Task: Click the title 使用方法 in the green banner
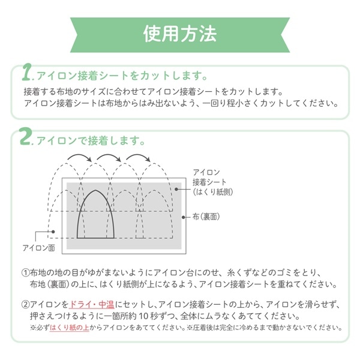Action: coord(180,34)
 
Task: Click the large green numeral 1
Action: coord(26,73)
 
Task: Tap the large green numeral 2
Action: coord(25,137)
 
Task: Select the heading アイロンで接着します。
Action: coord(91,140)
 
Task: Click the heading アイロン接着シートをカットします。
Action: coord(122,76)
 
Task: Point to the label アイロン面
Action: coord(39,248)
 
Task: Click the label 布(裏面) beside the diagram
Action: coord(206,217)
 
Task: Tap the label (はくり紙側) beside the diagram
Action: coord(213,192)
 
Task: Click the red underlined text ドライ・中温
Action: coord(92,305)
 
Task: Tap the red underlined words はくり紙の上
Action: coord(70,328)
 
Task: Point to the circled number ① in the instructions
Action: coord(25,273)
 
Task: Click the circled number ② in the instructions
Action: coord(25,305)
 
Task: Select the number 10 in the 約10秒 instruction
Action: coord(144,316)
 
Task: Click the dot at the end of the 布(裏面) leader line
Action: coord(183,217)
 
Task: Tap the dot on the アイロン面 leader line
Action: coord(53,232)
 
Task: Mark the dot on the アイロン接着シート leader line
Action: coord(176,189)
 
